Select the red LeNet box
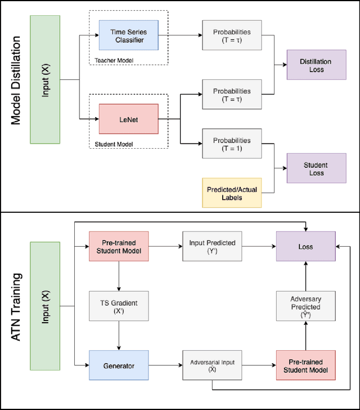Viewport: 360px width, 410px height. tap(129, 119)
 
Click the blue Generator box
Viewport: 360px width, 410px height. tap(119, 366)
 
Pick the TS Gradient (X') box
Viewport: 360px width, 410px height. tap(119, 306)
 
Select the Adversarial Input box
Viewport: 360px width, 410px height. tap(212, 366)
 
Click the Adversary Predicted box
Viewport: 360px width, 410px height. tap(305, 306)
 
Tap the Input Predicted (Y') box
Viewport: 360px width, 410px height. tap(212, 247)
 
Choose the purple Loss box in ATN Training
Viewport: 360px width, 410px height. tap(305, 247)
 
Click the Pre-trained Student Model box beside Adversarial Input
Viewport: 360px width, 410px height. tap(305, 366)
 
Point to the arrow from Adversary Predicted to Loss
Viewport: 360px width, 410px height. tap(305, 276)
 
